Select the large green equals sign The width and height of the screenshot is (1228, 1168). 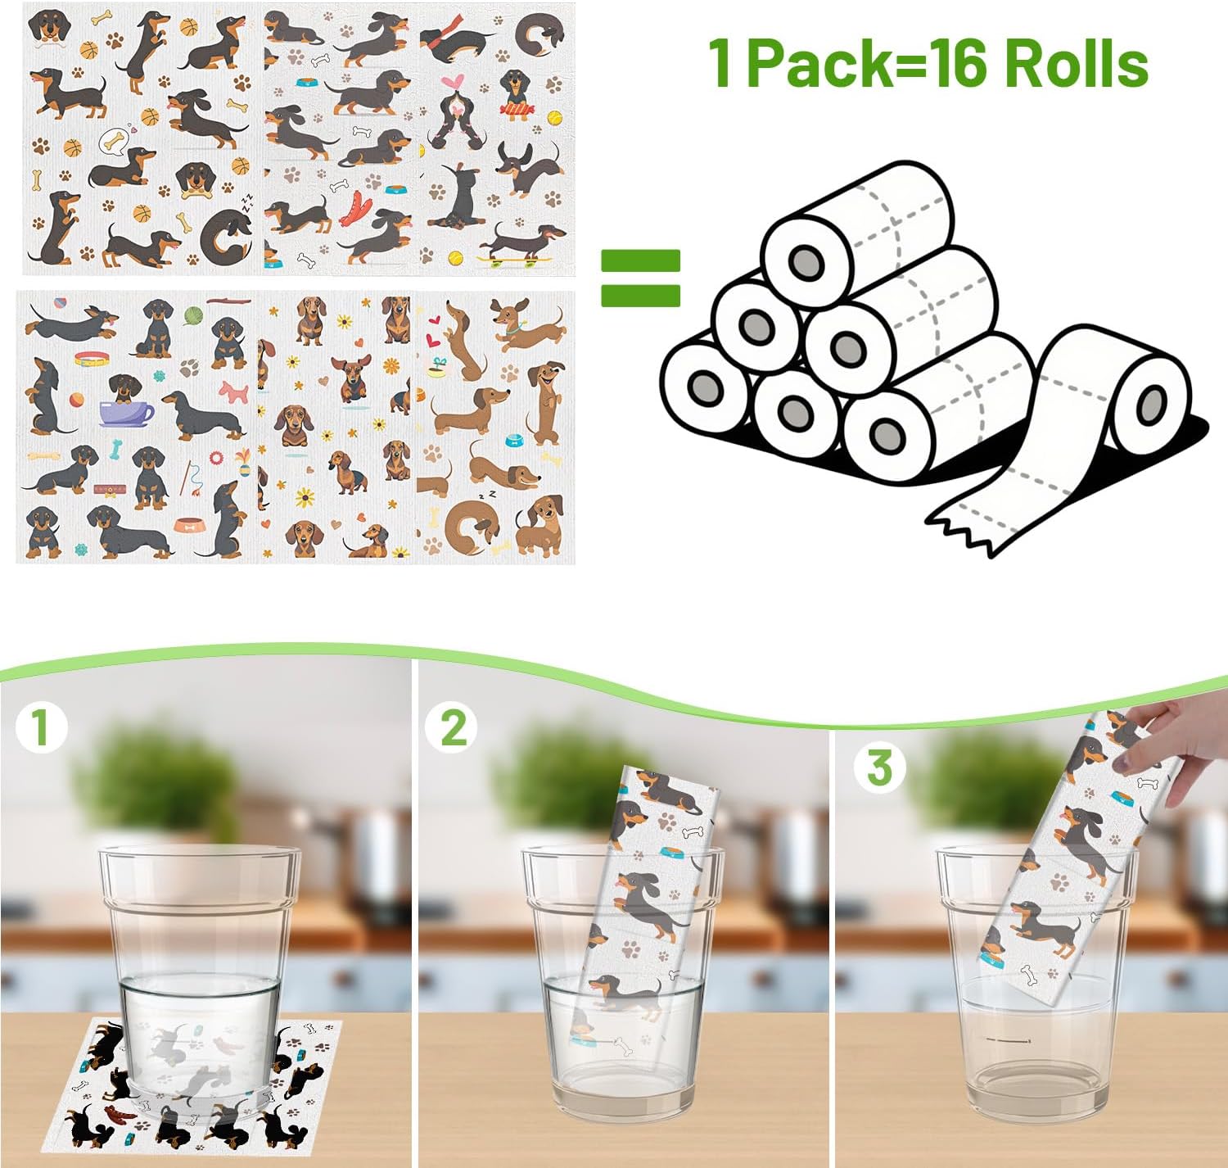pos(640,278)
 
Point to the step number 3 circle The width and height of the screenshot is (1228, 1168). pos(879,767)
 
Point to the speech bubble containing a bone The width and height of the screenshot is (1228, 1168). pos(114,143)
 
